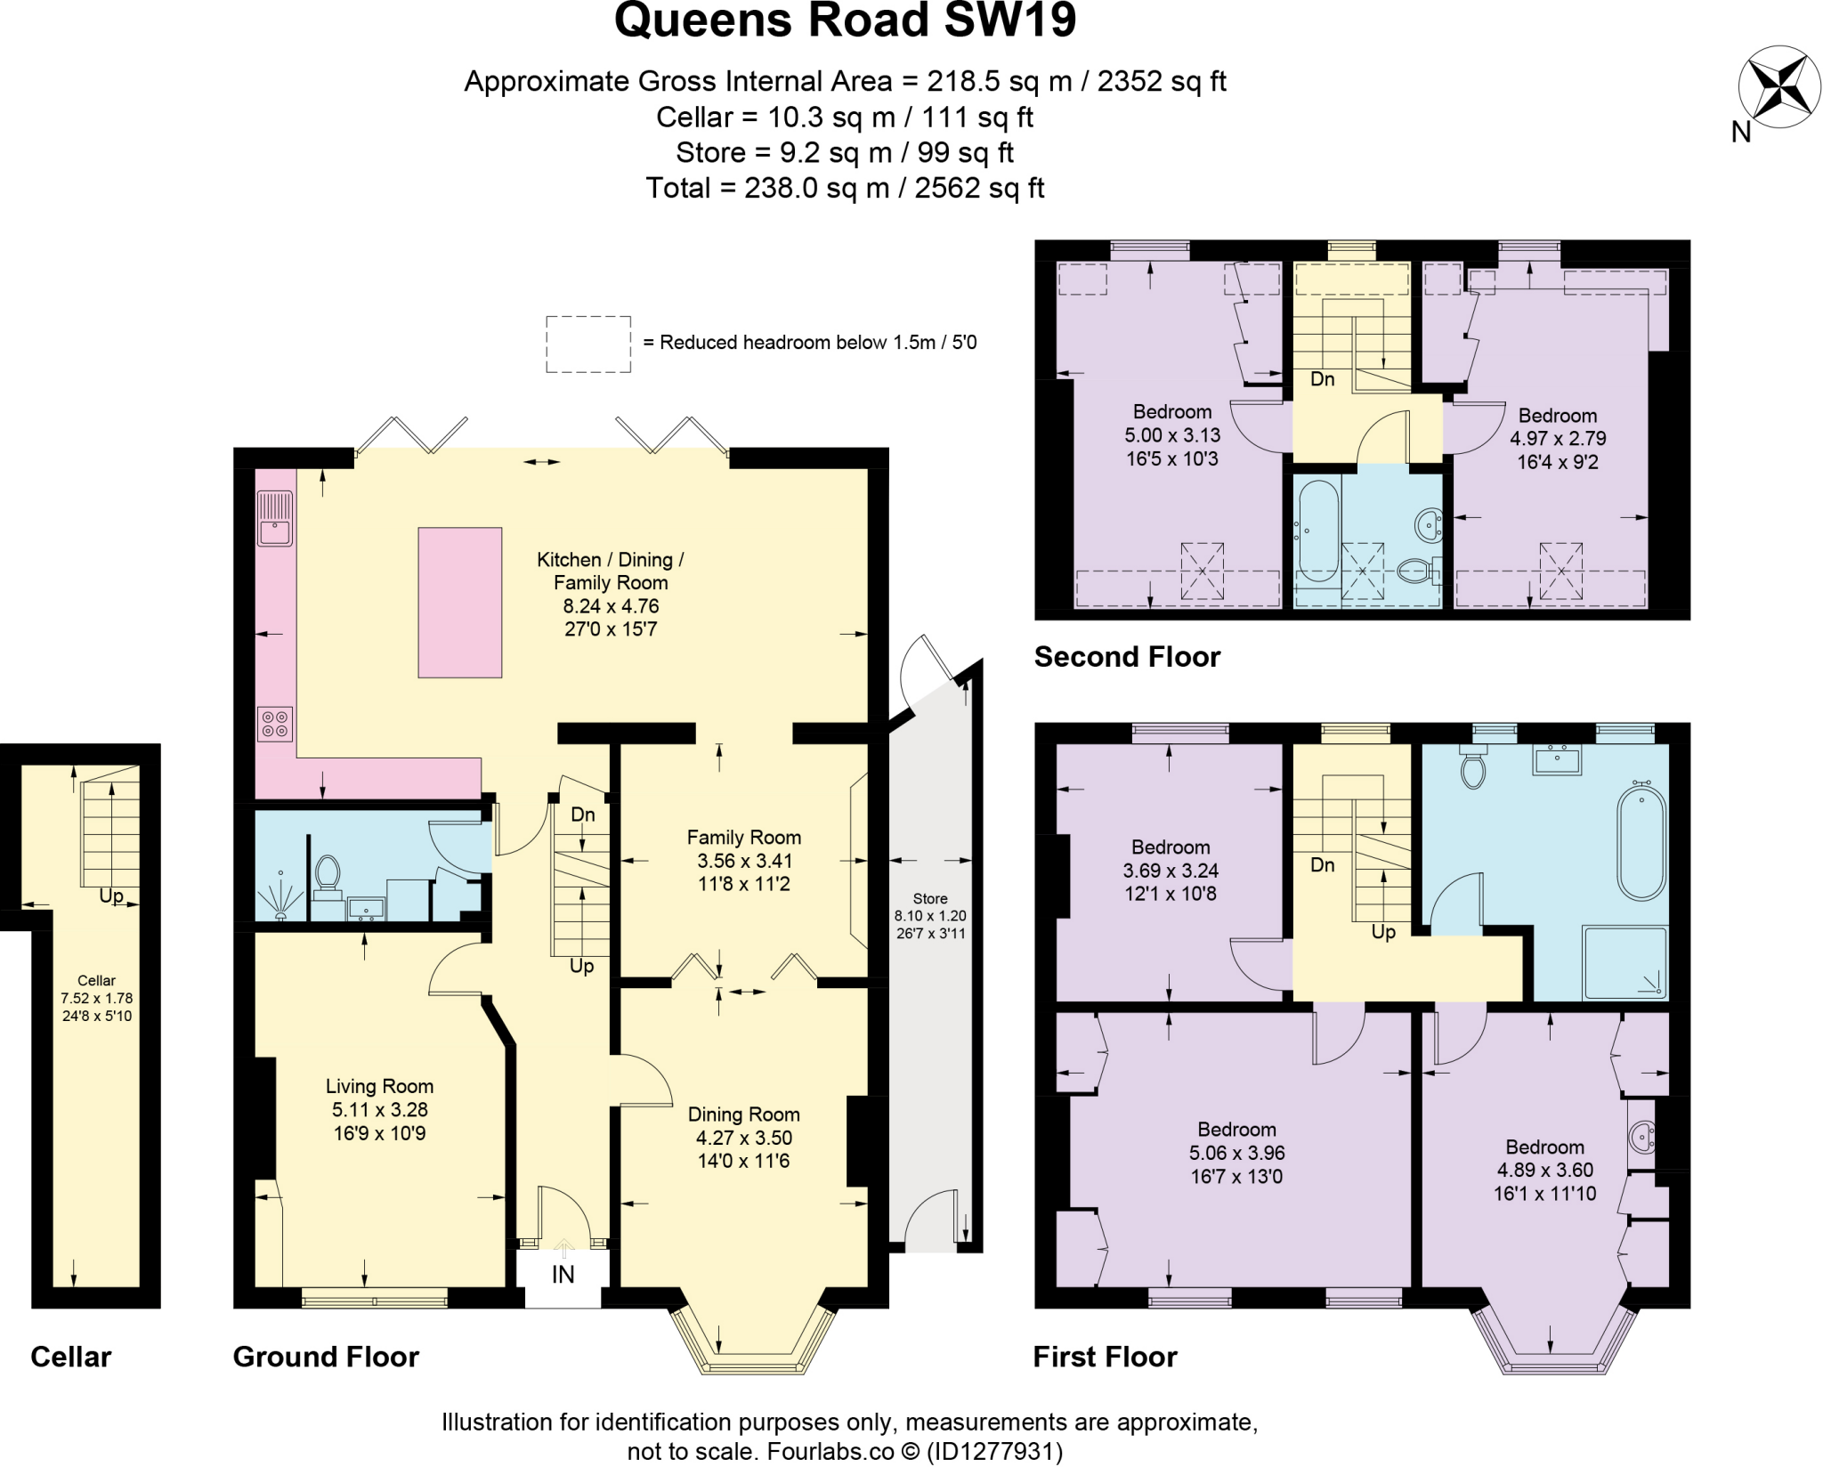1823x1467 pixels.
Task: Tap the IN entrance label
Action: click(x=563, y=1275)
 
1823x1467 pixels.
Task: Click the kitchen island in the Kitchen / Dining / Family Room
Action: click(x=460, y=603)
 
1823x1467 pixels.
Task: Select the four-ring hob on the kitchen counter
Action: click(x=275, y=724)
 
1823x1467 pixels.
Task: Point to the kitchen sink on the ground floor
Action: click(x=275, y=518)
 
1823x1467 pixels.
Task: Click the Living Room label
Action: click(x=379, y=1086)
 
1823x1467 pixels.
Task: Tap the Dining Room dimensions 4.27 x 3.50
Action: click(x=743, y=1138)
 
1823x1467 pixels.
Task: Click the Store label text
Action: click(x=930, y=899)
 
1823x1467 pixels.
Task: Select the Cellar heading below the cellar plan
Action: click(x=71, y=1357)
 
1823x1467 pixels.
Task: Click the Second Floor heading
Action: click(x=1127, y=657)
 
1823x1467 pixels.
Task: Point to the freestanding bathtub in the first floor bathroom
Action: click(x=1641, y=841)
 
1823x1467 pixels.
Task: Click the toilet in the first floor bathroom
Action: click(x=1472, y=767)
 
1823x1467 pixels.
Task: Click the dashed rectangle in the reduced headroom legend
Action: click(x=588, y=344)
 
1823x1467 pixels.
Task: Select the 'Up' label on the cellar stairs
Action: click(x=111, y=896)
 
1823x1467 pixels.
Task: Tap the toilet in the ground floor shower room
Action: click(x=328, y=876)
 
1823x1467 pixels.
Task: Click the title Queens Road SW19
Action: click(x=845, y=20)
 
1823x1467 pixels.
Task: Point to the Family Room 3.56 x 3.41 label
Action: click(x=743, y=861)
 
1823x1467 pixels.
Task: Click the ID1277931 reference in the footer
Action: click(x=994, y=1452)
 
